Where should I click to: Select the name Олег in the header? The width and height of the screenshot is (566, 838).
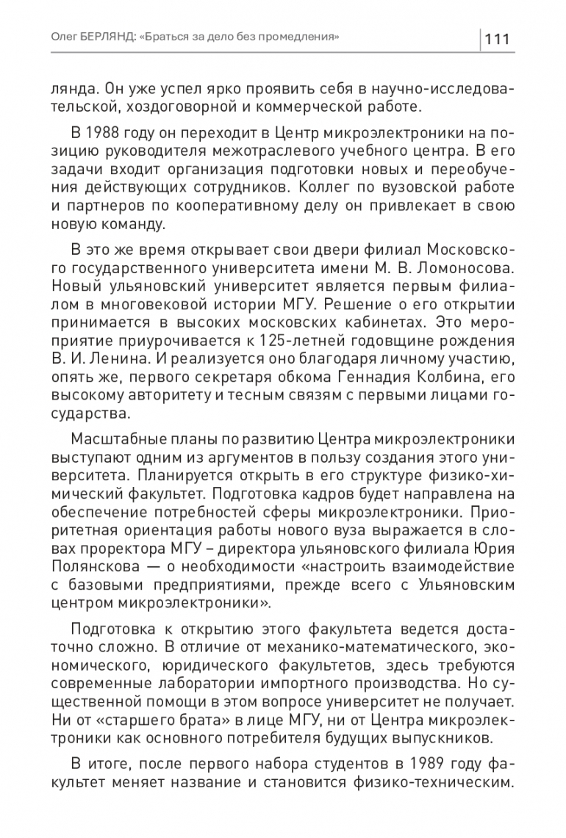coord(63,36)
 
